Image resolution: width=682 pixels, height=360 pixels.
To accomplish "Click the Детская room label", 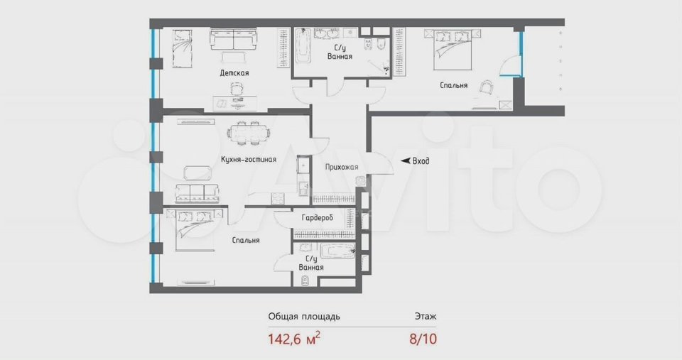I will coord(234,73).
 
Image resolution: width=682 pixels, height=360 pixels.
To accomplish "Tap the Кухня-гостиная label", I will coord(248,160).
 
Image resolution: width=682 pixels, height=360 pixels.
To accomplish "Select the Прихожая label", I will coord(341,168).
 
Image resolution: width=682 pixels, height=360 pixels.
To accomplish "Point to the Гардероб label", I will coord(317,218).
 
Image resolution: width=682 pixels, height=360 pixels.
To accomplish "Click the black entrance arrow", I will coord(406,161).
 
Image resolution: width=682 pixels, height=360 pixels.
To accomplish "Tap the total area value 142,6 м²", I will coord(293,339).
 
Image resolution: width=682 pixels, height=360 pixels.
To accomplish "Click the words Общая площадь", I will coord(304,316).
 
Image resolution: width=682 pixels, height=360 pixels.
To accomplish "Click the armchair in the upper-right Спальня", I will coord(488,87).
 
